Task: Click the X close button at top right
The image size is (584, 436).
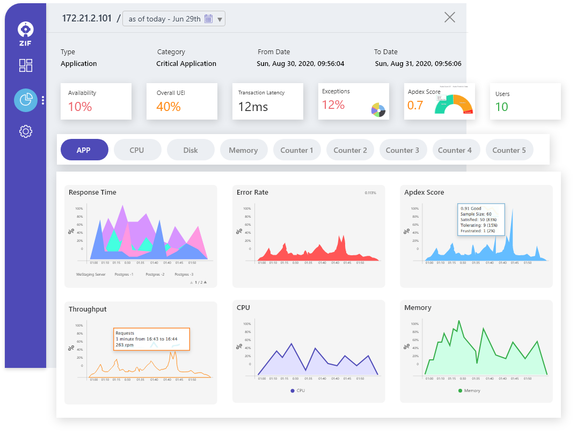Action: point(450,17)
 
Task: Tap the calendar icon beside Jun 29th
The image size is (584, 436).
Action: point(208,19)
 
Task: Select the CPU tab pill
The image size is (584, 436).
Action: point(137,150)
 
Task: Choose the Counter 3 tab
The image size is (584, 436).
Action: point(403,150)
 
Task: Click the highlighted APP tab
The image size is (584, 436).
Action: point(84,150)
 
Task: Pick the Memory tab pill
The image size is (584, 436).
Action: point(243,150)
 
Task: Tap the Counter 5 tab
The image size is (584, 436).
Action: point(509,150)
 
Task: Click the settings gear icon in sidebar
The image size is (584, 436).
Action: point(26,131)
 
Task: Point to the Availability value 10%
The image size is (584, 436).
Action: point(80,107)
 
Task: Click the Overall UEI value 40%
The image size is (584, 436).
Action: point(169,107)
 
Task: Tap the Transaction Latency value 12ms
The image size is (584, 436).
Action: point(253,107)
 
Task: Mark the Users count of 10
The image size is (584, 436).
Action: point(501,107)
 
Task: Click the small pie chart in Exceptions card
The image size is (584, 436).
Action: point(378,110)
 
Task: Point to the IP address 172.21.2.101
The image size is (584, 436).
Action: point(87,18)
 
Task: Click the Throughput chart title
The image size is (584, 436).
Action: point(87,309)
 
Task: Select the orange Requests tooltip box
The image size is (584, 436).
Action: point(151,339)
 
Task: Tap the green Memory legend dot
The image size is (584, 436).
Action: point(460,390)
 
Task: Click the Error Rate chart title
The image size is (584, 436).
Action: point(252,193)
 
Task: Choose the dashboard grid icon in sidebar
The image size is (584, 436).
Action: point(26,65)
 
